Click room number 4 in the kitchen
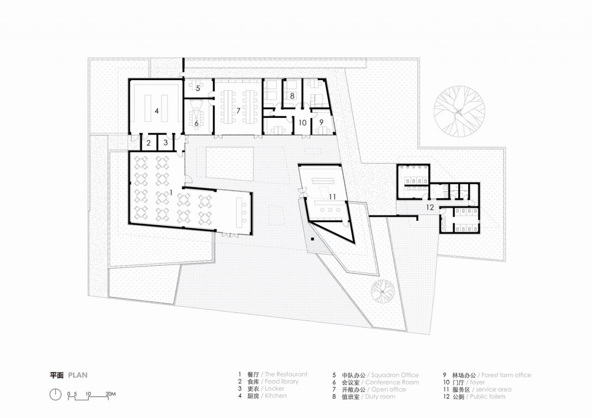pyautogui.click(x=157, y=111)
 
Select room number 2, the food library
pyautogui.click(x=148, y=143)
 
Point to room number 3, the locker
pyautogui.click(x=166, y=143)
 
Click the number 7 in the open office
pyautogui.click(x=238, y=111)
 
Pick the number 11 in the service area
pyautogui.click(x=332, y=197)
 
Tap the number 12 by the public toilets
pyautogui.click(x=430, y=208)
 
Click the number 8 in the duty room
pyautogui.click(x=292, y=96)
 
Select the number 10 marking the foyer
pyautogui.click(x=302, y=123)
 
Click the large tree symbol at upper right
pyautogui.click(x=459, y=111)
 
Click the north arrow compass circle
pyautogui.click(x=55, y=394)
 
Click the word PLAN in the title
pyautogui.click(x=78, y=375)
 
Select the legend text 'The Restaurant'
pyautogui.click(x=285, y=375)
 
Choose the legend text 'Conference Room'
pyautogui.click(x=392, y=382)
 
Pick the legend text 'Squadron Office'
pyautogui.click(x=394, y=375)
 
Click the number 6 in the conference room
pyautogui.click(x=196, y=123)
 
